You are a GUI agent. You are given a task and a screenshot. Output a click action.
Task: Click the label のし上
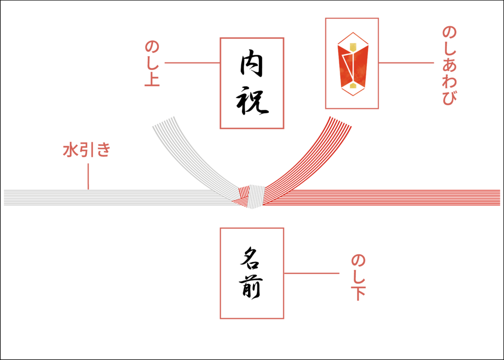click(152, 64)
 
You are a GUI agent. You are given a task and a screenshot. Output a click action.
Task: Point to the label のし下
click(358, 277)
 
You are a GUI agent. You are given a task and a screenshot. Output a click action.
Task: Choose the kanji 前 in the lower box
click(252, 288)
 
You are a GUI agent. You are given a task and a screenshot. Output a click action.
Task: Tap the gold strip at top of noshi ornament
click(352, 47)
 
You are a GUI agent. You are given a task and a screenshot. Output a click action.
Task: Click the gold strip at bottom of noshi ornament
click(352, 87)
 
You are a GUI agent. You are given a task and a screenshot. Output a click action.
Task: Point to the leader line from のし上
click(192, 63)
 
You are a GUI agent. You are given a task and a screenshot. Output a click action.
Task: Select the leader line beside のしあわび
click(406, 63)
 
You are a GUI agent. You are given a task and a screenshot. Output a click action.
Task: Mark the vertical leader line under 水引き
click(89, 176)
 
